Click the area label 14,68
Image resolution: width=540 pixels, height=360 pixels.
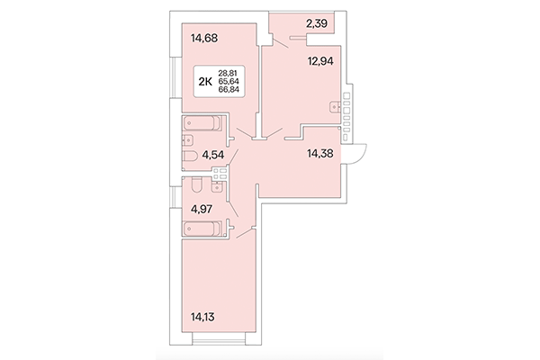coord(205,38)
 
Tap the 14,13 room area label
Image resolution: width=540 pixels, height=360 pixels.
coord(203,315)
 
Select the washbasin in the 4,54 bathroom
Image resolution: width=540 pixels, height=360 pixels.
coord(188,141)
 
